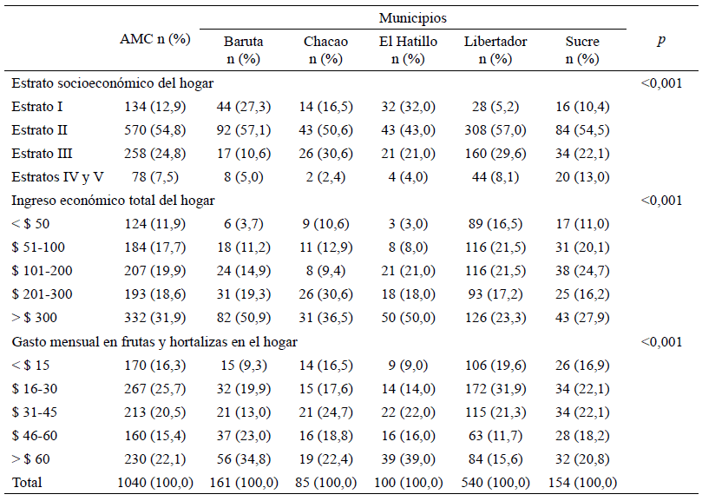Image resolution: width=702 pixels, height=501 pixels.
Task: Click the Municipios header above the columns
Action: pyautogui.click(x=413, y=18)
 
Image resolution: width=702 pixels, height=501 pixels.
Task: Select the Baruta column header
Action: pyautogui.click(x=244, y=49)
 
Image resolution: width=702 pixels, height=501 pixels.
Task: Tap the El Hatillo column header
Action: pyautogui.click(x=408, y=49)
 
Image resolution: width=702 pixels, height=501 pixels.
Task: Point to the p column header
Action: pyautogui.click(x=661, y=41)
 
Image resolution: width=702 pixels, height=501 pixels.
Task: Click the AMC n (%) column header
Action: pyautogui.click(x=155, y=39)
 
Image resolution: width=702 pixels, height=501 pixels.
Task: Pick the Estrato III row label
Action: pyautogui.click(x=42, y=154)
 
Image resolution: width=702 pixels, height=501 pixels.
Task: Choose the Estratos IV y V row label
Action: pyautogui.click(x=58, y=177)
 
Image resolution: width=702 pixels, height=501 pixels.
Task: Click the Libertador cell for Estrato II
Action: pyautogui.click(x=495, y=130)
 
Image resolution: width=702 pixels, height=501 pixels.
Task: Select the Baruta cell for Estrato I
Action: pyautogui.click(x=244, y=107)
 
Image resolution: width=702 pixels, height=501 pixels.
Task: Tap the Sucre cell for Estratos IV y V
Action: pyautogui.click(x=582, y=177)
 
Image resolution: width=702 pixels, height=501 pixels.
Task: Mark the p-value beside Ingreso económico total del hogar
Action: pyautogui.click(x=661, y=201)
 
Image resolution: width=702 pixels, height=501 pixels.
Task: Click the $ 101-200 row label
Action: pyautogui.click(x=42, y=271)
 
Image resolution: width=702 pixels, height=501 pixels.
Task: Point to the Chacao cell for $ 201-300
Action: pyautogui.click(x=325, y=294)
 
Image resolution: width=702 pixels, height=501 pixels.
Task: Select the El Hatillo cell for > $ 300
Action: pyautogui.click(x=408, y=318)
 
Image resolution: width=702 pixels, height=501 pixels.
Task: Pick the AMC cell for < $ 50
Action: pyautogui.click(x=155, y=224)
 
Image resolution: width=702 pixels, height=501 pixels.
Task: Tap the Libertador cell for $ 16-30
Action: pyautogui.click(x=495, y=388)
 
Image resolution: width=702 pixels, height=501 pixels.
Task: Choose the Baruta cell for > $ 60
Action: pyautogui.click(x=244, y=458)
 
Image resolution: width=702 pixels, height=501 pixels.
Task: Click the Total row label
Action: pyautogui.click(x=27, y=483)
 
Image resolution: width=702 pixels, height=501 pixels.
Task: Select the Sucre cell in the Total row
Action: pyautogui.click(x=582, y=483)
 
